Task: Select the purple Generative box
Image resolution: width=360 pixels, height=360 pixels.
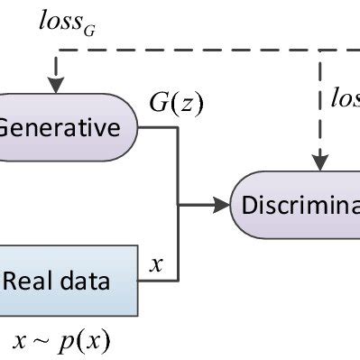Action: pyautogui.click(x=68, y=127)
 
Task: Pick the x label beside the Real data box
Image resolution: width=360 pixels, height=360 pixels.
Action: pyautogui.click(x=155, y=264)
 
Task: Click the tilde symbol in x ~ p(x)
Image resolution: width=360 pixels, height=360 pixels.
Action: pyautogui.click(x=40, y=341)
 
